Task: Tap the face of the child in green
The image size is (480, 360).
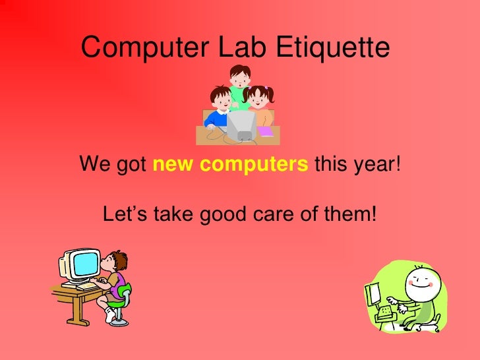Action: pos(239,76)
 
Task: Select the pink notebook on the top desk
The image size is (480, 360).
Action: pos(264,131)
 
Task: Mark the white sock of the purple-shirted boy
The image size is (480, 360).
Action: pos(110,315)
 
